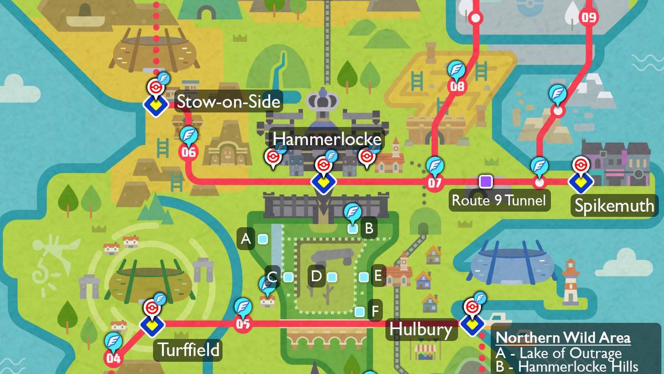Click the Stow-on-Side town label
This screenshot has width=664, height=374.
(228, 101)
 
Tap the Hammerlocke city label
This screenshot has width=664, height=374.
(327, 139)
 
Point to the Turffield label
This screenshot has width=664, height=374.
(189, 350)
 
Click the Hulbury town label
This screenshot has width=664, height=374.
(421, 329)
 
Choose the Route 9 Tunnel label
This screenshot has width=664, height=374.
(499, 200)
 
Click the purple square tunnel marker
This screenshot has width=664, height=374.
(486, 181)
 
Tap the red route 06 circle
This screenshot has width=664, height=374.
(188, 152)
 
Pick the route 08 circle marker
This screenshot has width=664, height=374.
(457, 86)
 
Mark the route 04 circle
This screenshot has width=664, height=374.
(113, 358)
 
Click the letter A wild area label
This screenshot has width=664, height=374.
(246, 239)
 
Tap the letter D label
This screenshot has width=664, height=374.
(316, 276)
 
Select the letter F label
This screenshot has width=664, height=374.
(375, 311)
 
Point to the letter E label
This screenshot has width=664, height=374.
(378, 276)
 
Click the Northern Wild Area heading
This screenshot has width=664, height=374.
(563, 338)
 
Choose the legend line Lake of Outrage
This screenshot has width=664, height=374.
(559, 353)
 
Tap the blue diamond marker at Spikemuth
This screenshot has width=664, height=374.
(580, 181)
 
